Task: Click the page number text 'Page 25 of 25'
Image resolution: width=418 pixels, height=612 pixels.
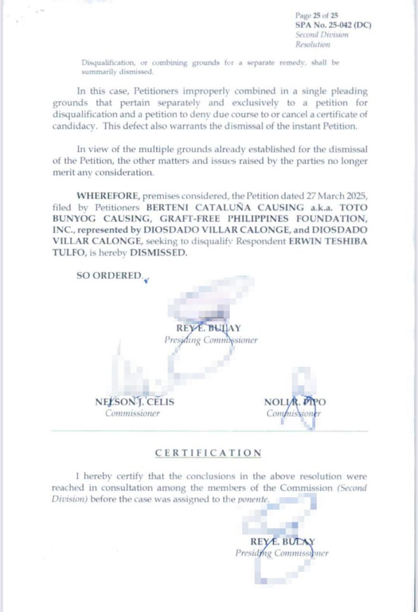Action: (x=316, y=16)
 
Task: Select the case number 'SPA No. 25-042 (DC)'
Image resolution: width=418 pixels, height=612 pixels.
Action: (x=333, y=25)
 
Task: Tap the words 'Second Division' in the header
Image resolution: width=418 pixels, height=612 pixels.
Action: (x=322, y=35)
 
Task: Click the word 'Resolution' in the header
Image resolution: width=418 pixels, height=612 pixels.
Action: (x=312, y=45)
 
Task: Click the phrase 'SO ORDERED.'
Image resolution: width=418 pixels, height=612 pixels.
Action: (x=109, y=276)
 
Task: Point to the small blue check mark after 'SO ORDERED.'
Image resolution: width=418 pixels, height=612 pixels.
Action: (x=146, y=280)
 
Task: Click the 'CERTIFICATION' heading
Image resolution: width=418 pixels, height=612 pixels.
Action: (x=208, y=453)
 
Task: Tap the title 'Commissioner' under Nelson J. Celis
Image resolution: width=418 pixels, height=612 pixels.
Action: (x=132, y=413)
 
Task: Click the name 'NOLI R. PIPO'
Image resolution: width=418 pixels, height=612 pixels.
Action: (x=295, y=402)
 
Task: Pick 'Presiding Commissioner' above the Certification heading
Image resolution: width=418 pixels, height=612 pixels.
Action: (x=211, y=340)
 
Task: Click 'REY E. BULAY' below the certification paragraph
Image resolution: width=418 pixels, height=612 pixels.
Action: (x=282, y=542)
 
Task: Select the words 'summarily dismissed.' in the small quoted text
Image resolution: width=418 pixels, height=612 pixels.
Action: (x=118, y=72)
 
